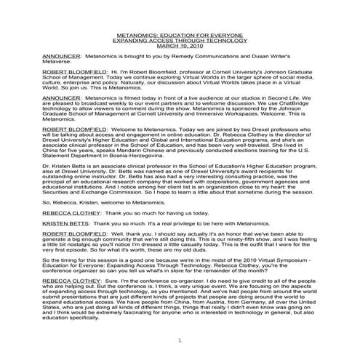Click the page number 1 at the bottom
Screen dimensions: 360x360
pyautogui.click(x=179, y=340)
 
